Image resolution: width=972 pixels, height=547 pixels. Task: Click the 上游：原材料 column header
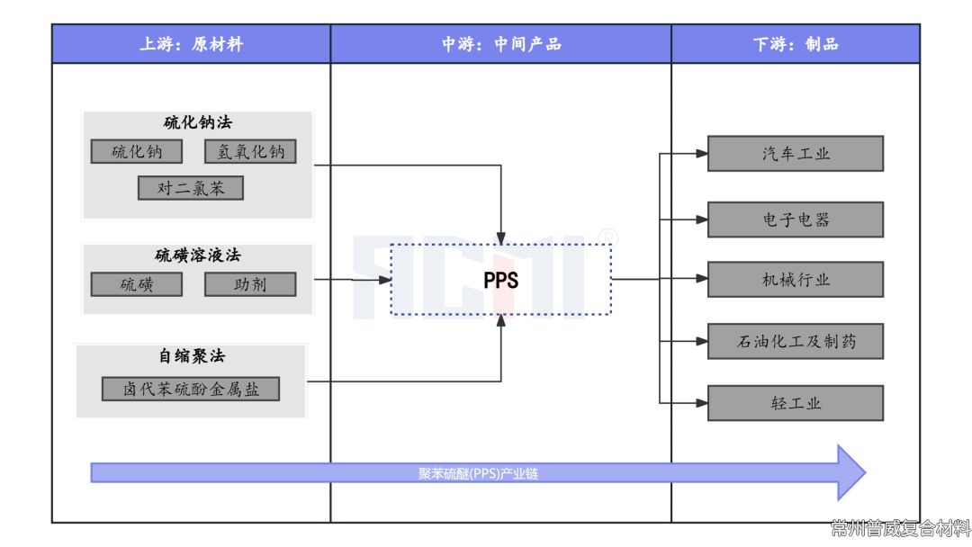click(191, 44)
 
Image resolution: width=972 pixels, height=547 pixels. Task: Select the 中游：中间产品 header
click(500, 44)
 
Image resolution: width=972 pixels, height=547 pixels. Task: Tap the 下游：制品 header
click(796, 44)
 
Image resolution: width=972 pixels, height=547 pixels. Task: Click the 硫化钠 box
click(137, 152)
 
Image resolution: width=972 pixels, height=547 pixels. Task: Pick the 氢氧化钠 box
click(250, 152)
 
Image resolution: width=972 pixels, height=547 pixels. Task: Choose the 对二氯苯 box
click(191, 188)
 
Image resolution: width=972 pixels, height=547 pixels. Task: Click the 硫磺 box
click(137, 284)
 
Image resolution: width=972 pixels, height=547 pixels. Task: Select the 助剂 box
click(250, 284)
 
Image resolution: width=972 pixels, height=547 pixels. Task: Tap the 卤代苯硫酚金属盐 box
click(191, 389)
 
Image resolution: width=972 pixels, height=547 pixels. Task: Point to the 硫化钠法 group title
click(197, 122)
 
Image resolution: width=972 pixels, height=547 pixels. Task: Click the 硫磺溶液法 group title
click(197, 256)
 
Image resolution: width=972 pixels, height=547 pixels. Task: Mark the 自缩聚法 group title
click(191, 356)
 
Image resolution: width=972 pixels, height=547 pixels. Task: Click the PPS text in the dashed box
click(500, 280)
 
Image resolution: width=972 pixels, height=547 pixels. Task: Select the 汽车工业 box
click(796, 154)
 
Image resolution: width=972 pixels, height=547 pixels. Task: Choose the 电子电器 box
click(796, 220)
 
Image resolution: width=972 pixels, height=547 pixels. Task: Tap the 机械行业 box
click(796, 280)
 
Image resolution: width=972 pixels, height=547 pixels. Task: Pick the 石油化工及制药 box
click(796, 341)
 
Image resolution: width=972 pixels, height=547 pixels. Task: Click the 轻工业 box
click(796, 403)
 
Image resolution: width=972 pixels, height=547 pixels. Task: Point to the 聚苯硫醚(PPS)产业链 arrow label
click(478, 473)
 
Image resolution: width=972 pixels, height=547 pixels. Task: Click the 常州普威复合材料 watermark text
click(900, 528)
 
